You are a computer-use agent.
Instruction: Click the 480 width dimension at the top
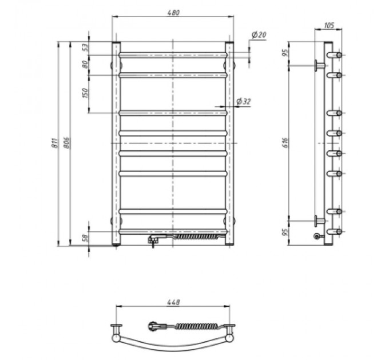pos(173,13)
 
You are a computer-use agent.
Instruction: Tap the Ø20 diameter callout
pos(259,35)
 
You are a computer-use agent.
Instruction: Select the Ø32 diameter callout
pos(244,102)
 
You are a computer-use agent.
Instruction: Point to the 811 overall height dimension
pos(54,143)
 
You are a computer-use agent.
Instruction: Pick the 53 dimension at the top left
pos(85,47)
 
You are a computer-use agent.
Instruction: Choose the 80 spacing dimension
pos(85,65)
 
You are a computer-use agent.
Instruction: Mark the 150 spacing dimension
pos(85,93)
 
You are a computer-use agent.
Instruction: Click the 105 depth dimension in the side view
pos(329,25)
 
